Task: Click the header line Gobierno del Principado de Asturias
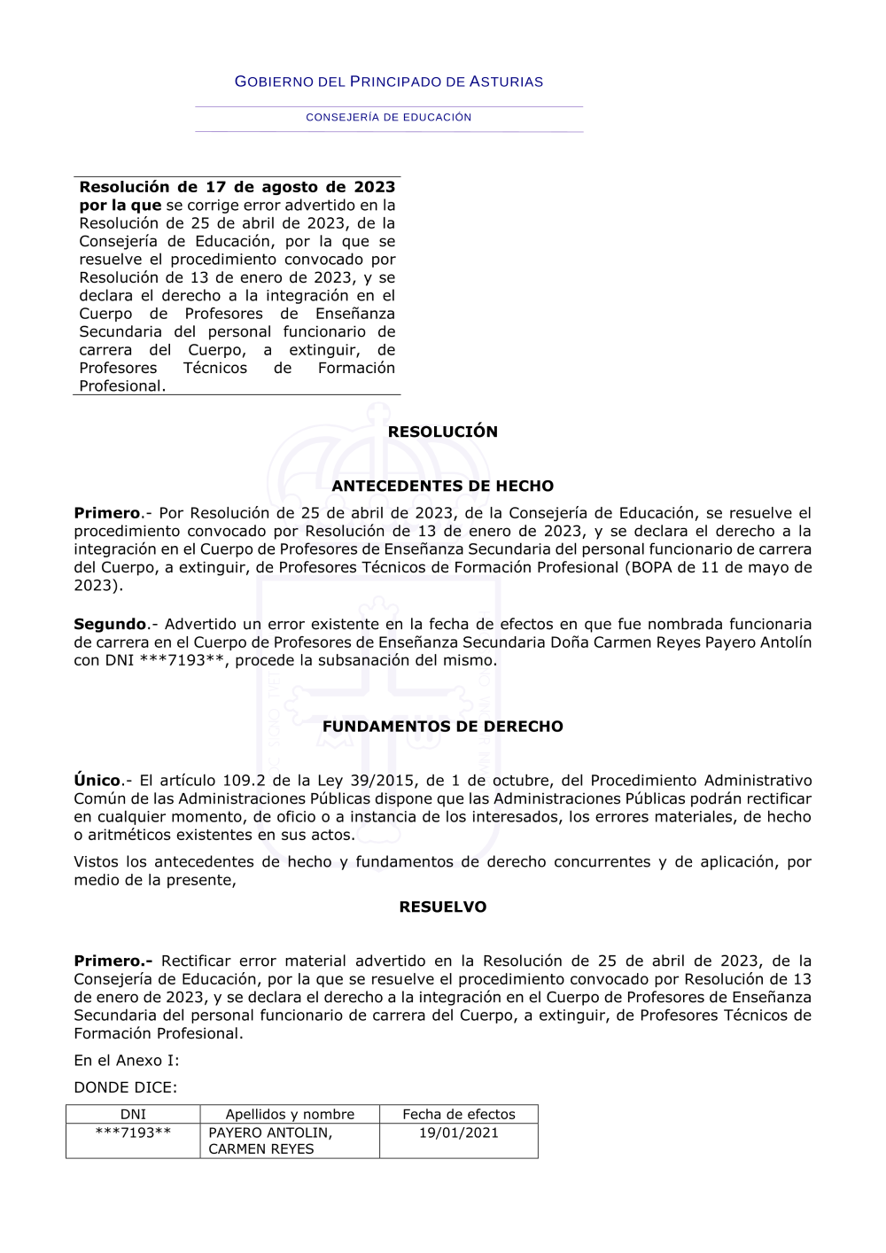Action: tap(388, 82)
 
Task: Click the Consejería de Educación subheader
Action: tap(388, 117)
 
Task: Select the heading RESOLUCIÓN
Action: tap(442, 432)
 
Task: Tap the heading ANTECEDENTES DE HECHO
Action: tap(442, 486)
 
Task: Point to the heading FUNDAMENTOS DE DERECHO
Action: tap(442, 727)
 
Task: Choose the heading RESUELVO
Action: tap(442, 907)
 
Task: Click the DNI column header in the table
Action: tap(133, 1114)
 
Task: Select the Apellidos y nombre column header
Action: tap(290, 1114)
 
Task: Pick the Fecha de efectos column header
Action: tap(458, 1114)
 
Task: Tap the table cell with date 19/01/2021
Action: tap(458, 1132)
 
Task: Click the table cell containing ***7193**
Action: tap(133, 1132)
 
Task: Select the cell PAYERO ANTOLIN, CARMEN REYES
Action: tap(270, 1140)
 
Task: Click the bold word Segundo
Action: tap(110, 624)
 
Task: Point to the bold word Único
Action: tap(97, 781)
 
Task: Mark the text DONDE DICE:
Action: tap(125, 1087)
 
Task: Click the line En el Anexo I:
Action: tap(126, 1061)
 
